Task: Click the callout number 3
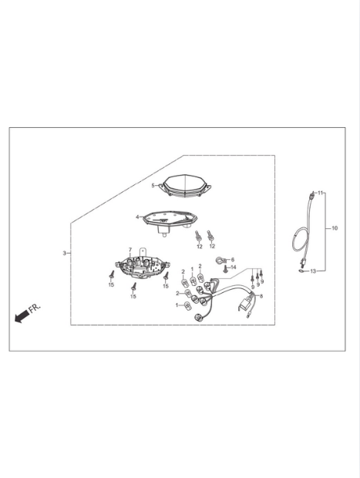point(64,253)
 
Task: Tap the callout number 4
point(137,217)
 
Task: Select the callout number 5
point(153,185)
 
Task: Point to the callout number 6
point(233,260)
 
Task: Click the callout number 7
point(130,250)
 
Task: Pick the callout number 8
point(261,296)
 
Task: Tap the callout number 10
point(335,228)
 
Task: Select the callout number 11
point(320,193)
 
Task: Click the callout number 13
point(313,271)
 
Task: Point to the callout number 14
point(234,268)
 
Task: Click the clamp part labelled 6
point(220,261)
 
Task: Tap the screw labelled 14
point(226,268)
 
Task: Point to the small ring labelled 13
point(301,271)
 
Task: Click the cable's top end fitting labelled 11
point(311,194)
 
